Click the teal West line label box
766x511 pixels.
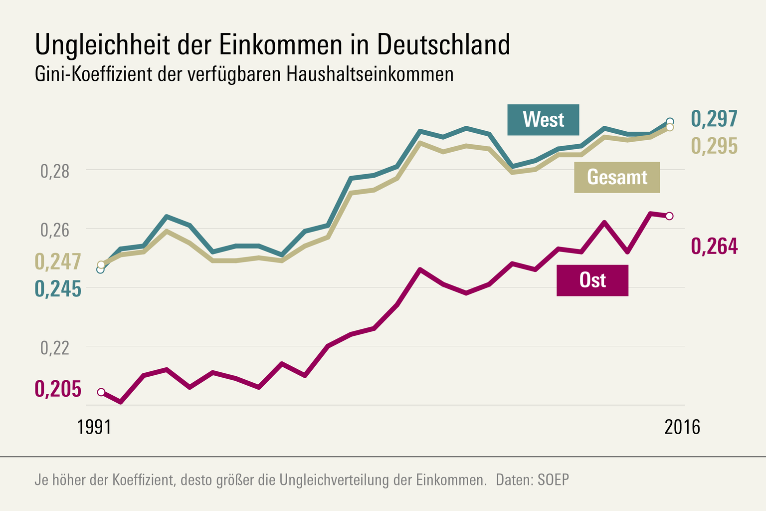(543, 120)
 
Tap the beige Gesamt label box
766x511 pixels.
(617, 177)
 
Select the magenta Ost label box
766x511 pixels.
(592, 280)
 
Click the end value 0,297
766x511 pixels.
(714, 119)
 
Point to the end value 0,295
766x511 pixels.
(714, 146)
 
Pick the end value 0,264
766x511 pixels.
(714, 247)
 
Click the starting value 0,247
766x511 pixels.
(58, 262)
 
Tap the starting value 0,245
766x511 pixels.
(58, 289)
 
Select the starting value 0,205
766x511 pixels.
(58, 389)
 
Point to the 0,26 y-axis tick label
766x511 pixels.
(55, 230)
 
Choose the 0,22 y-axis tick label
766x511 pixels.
(55, 348)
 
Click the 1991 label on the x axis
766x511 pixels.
(94, 427)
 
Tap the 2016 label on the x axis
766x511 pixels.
(682, 427)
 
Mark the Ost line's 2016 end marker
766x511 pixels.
(670, 216)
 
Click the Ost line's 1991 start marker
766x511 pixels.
(101, 392)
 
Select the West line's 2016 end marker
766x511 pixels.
(670, 121)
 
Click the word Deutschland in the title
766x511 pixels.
(444, 45)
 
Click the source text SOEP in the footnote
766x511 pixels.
(553, 480)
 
